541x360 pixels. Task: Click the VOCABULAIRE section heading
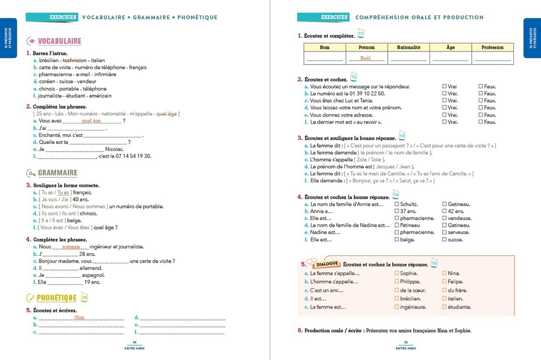tap(60, 41)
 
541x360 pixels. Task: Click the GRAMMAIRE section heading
tap(57, 173)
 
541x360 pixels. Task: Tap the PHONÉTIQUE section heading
tap(56, 298)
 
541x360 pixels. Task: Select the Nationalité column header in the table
tap(408, 48)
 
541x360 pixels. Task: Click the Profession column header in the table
tap(492, 48)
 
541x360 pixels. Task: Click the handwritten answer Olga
tap(80, 317)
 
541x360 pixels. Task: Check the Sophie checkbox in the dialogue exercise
tap(397, 273)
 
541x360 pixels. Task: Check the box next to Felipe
tap(444, 282)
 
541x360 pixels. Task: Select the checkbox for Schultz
tap(397, 204)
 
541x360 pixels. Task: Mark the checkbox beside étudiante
tap(444, 307)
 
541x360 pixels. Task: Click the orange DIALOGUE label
tap(328, 264)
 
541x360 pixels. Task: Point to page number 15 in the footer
tap(406, 343)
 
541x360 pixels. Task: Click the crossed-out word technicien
tap(75, 61)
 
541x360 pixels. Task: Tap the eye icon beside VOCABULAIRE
tap(31, 41)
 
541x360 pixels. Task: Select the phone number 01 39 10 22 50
tap(366, 94)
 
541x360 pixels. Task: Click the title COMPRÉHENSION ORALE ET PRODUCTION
tap(419, 17)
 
